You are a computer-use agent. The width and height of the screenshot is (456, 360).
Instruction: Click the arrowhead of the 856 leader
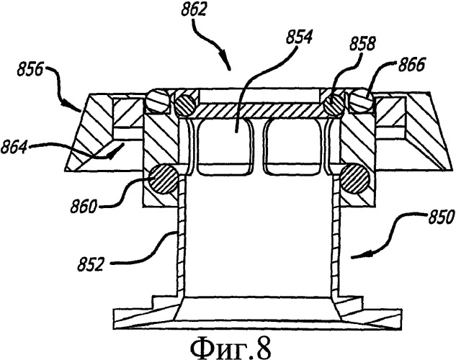pos(80,112)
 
